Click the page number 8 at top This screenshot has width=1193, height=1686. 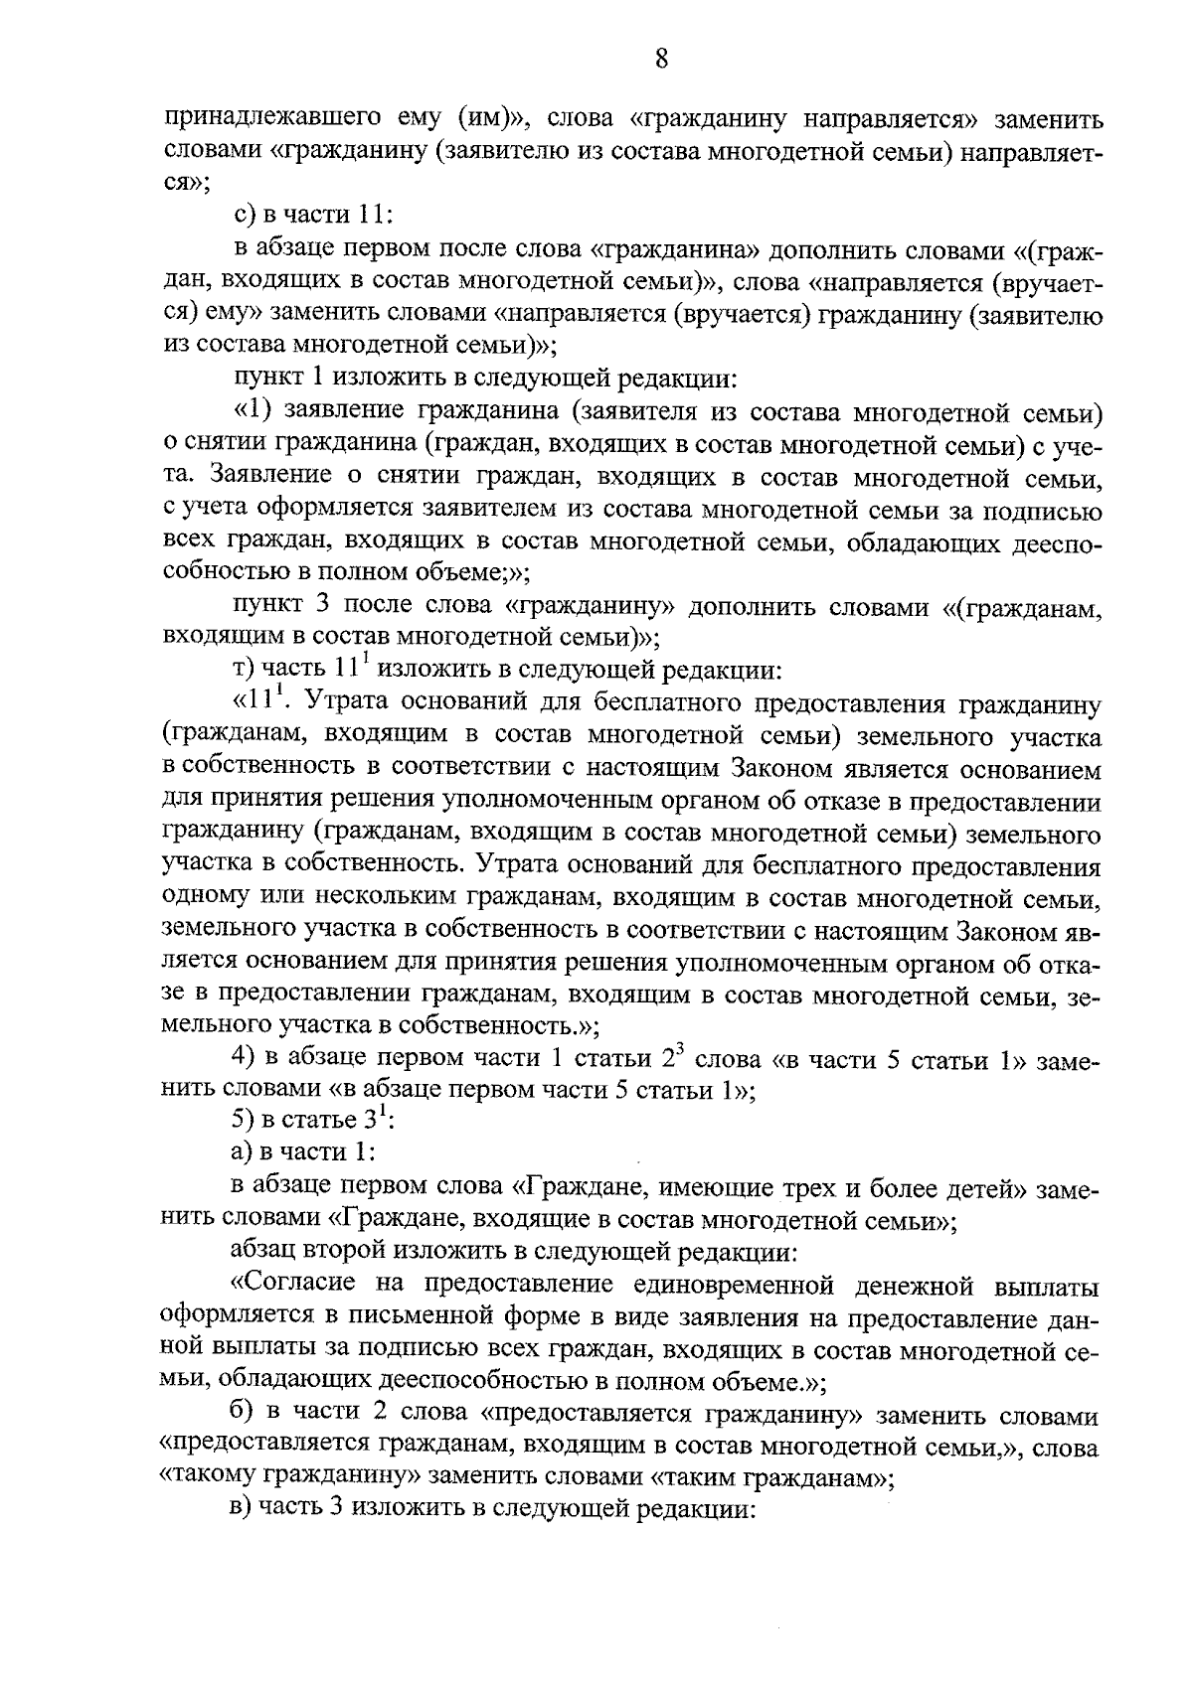click(x=661, y=61)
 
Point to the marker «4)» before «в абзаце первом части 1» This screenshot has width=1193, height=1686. click(x=242, y=1060)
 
